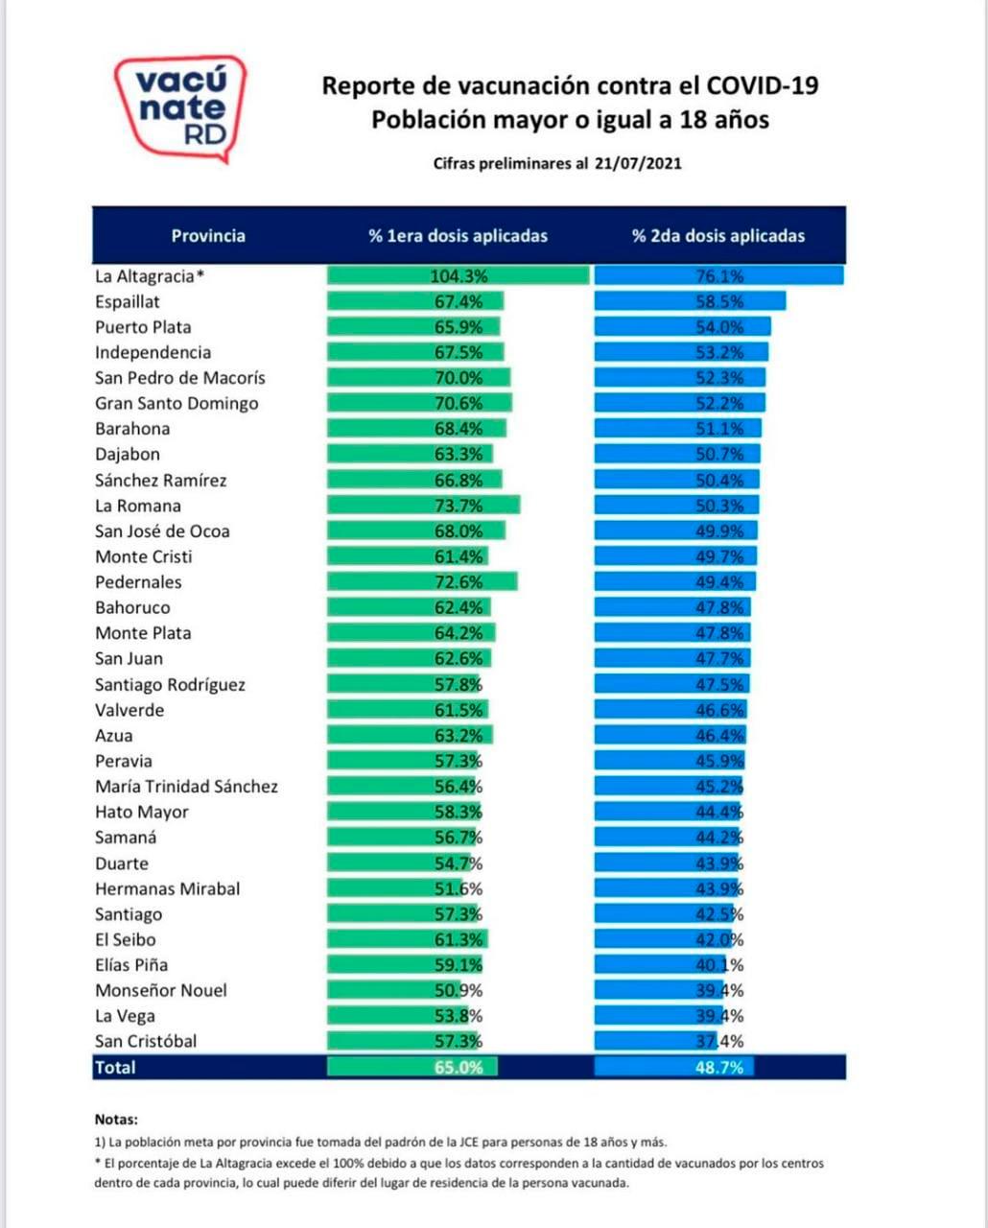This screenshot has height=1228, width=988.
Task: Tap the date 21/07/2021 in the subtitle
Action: [638, 163]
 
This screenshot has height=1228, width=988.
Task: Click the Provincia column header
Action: [208, 235]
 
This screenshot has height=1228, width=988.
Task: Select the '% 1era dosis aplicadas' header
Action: [458, 235]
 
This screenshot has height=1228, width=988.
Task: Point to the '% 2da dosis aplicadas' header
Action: [718, 235]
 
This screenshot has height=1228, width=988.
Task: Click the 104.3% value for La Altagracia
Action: [459, 276]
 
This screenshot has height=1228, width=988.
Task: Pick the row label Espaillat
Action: [128, 301]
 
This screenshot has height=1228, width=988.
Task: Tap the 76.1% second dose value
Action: [719, 276]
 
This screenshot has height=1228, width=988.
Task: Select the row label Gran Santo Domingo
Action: [176, 403]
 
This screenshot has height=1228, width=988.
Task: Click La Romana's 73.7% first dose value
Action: [459, 506]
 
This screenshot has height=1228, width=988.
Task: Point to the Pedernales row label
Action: [138, 582]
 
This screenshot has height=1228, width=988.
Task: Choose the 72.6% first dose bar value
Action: [459, 582]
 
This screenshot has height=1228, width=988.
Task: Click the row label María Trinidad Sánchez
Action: [186, 787]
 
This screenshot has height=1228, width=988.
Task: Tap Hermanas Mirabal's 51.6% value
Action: [459, 888]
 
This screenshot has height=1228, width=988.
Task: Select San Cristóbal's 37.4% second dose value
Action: [719, 1041]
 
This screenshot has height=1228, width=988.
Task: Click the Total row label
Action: [115, 1067]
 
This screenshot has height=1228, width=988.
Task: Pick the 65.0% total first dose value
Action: [459, 1067]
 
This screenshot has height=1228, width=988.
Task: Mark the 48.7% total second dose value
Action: [719, 1067]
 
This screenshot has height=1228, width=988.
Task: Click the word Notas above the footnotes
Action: [116, 1119]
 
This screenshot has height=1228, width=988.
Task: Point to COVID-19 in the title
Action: [763, 85]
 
